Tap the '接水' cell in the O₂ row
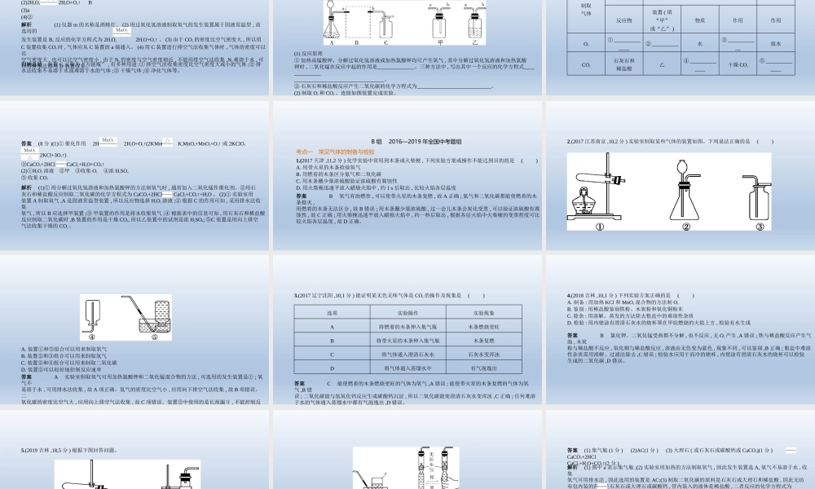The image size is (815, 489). tap(775, 43)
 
